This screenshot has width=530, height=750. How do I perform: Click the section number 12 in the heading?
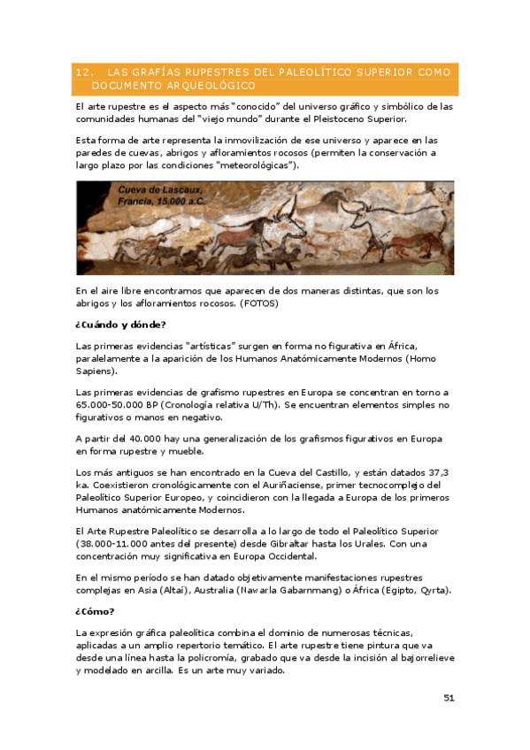click(x=83, y=72)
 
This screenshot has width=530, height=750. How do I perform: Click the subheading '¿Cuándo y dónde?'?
click(x=120, y=325)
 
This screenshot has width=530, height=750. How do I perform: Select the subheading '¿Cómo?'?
click(x=96, y=611)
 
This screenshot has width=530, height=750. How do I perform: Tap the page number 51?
click(x=449, y=698)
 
